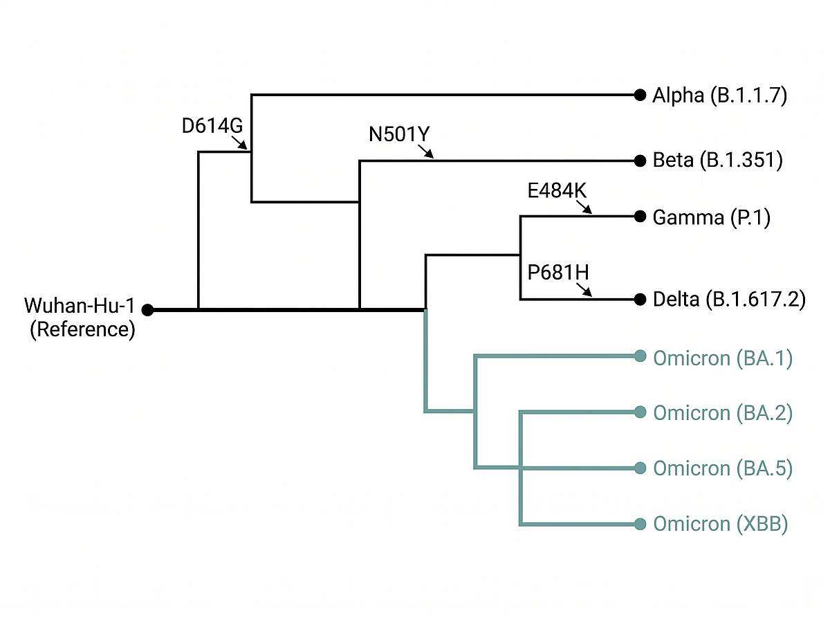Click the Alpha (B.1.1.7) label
719,95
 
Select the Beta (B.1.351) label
717,161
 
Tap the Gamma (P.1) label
712,217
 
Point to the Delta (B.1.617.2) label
729,300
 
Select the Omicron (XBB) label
720,524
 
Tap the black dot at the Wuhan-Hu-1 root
147,310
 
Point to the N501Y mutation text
400,134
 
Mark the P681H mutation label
558,272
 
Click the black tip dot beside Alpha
640,95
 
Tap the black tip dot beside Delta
640,300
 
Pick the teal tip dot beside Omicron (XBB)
640,524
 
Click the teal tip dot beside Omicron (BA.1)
640,358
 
